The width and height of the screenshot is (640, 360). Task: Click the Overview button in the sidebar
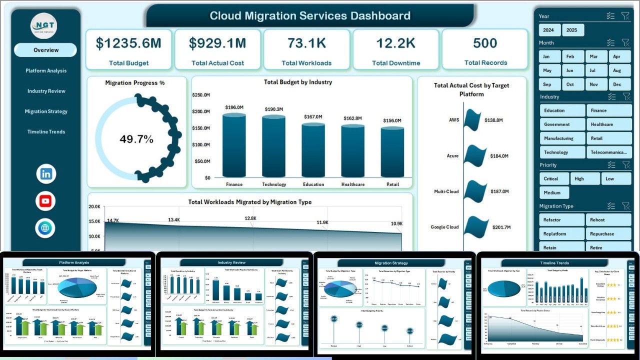(45, 50)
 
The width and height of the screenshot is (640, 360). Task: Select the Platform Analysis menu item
(46, 70)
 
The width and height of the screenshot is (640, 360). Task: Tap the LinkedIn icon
(46, 174)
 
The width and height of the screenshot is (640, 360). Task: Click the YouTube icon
(46, 201)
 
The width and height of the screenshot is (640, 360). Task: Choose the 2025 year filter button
(571, 30)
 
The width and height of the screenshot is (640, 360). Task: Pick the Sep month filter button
(547, 84)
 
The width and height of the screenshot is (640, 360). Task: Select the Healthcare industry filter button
(609, 124)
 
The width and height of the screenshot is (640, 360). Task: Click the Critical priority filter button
(554, 178)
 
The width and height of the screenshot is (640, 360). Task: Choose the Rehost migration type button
(609, 220)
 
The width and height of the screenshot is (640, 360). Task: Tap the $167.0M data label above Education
(313, 117)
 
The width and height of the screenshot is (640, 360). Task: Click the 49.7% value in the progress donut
(136, 139)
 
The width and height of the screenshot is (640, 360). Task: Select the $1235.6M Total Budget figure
(128, 43)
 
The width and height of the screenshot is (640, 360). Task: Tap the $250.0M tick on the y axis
(201, 95)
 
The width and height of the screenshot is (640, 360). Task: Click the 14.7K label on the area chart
(112, 220)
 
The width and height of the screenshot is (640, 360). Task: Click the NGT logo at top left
(44, 25)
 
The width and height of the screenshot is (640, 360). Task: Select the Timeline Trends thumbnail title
(554, 263)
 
